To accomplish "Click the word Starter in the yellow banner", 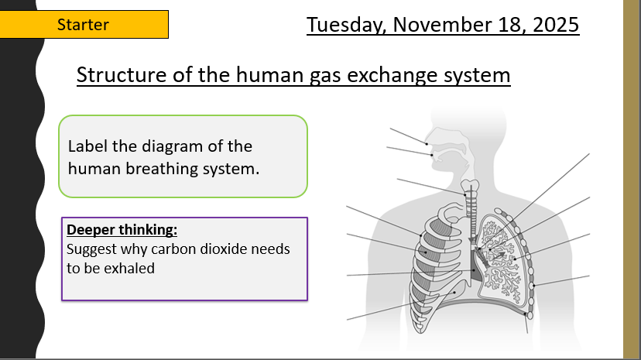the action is coord(83,25).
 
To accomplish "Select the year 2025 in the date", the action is coord(556,25).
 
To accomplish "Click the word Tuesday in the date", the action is coord(346,26).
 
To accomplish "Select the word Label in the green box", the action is coord(87,146).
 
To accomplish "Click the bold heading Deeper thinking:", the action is coord(122,230).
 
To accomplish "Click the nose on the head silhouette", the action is coord(428,138).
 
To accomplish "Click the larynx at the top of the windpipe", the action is coord(470,186).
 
